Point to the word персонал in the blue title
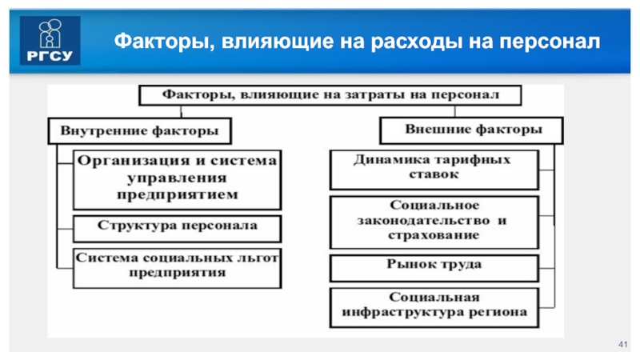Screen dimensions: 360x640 552,41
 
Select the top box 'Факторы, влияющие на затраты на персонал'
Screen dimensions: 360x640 332,94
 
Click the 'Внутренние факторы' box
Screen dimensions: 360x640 134,130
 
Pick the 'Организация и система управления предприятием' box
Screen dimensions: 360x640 177,178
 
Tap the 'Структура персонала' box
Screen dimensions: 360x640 177,227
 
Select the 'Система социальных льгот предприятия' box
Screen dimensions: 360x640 177,266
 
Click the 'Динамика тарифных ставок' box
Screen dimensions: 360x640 432,166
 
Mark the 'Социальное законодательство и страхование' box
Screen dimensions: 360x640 432,221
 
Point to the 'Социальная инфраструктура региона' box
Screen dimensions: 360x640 432,305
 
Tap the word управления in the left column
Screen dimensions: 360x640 177,178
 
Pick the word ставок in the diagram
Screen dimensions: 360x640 432,174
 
